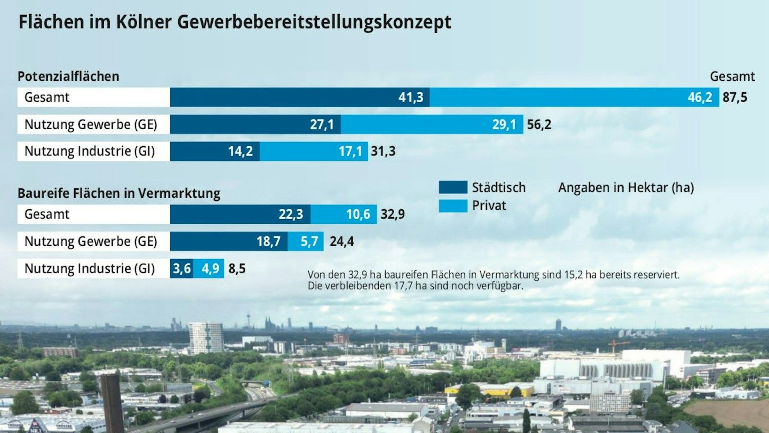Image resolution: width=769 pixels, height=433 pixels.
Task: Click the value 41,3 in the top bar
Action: [x=411, y=97]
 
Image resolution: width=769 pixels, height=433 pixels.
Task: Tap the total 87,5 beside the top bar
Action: [x=735, y=97]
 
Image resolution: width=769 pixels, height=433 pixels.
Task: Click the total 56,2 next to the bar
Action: [x=539, y=125]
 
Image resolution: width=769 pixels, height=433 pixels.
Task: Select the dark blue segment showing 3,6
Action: [x=181, y=268]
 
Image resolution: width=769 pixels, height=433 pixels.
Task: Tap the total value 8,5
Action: [x=237, y=268]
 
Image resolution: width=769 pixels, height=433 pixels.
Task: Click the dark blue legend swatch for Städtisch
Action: [x=453, y=187]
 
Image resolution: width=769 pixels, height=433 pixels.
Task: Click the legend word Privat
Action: [x=489, y=206]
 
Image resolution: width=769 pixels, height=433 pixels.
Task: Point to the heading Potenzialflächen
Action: [x=68, y=77]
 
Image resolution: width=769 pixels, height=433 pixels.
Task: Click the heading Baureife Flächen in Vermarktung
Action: [x=119, y=193]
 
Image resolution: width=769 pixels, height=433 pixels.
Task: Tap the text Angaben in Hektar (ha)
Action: [x=626, y=188]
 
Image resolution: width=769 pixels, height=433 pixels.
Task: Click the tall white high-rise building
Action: [x=206, y=338]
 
